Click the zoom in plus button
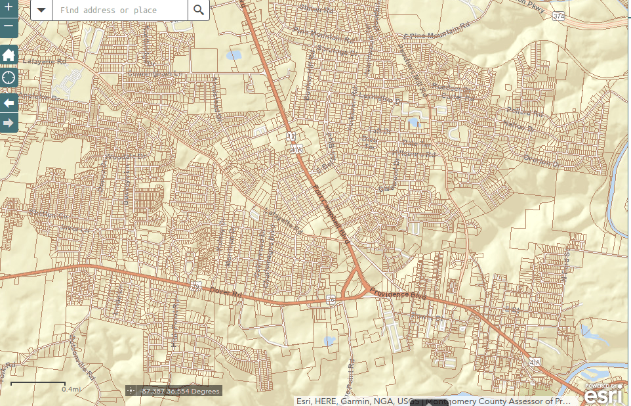tap(9, 9)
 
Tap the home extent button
tap(9, 55)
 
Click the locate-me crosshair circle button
tap(9, 78)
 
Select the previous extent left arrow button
tap(9, 102)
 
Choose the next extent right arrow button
tap(9, 123)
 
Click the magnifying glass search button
tap(199, 10)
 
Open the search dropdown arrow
tap(41, 10)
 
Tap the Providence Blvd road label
tap(397, 294)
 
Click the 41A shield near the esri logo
tap(535, 362)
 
